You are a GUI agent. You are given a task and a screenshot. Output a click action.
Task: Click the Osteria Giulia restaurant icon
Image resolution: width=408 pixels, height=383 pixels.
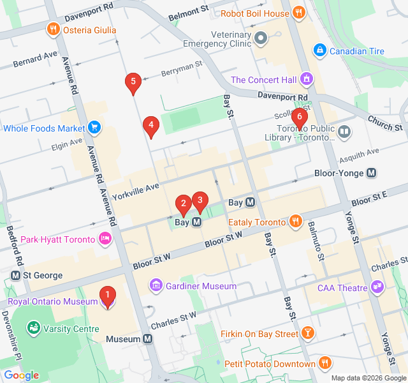click(x=52, y=29)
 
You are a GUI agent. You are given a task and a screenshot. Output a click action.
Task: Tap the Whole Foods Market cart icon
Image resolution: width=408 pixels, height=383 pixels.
click(x=94, y=128)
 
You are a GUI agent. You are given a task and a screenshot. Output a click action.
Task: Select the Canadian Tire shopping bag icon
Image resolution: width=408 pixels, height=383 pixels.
click(x=319, y=50)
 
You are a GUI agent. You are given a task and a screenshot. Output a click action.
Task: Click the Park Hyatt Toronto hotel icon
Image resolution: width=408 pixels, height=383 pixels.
click(x=105, y=239)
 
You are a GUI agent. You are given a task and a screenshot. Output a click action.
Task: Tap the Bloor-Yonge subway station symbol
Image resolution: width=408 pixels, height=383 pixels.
click(x=371, y=173)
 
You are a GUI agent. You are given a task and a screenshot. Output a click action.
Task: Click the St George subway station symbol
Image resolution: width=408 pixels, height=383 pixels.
click(x=16, y=275)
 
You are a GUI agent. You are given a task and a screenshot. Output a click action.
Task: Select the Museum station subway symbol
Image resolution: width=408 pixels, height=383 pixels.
click(x=148, y=339)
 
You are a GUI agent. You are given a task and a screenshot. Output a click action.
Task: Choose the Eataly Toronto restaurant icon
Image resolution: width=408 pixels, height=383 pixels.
click(x=295, y=222)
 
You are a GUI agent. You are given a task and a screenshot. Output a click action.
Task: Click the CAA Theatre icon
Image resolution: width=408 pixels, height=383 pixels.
click(x=378, y=287)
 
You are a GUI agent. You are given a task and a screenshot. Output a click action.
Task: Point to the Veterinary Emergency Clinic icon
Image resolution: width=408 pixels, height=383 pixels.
click(x=260, y=38)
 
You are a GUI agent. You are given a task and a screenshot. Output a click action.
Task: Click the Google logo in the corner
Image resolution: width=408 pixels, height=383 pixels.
click(x=21, y=375)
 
